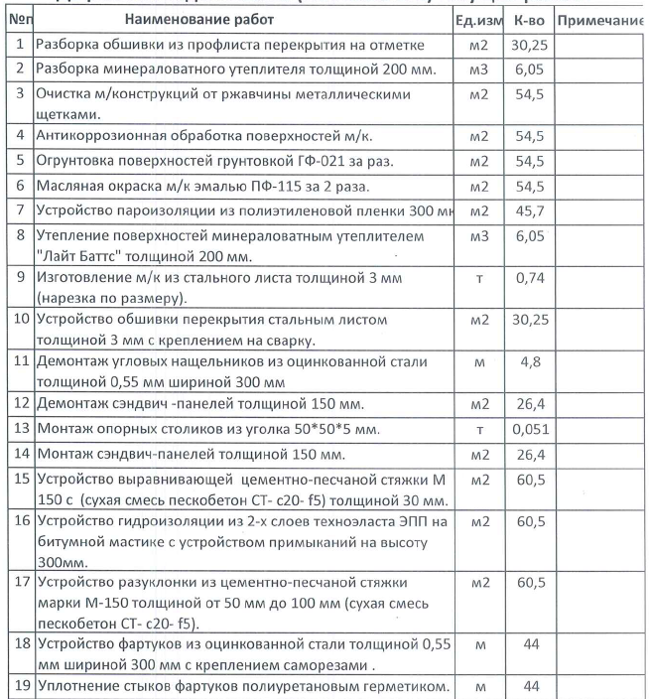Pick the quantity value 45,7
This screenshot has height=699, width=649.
click(x=531, y=211)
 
